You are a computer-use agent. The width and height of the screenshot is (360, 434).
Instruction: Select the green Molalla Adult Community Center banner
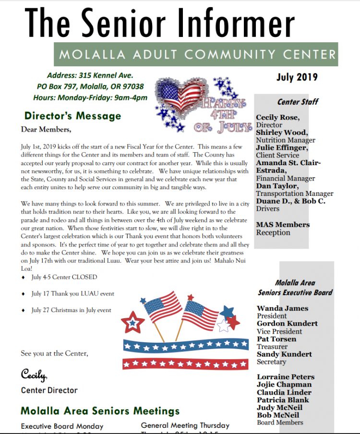coord(196,55)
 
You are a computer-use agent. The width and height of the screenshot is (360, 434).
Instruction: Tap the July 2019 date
coord(297,77)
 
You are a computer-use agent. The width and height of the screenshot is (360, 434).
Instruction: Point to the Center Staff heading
coord(298,102)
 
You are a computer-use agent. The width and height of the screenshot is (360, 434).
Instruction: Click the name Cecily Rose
coord(278,118)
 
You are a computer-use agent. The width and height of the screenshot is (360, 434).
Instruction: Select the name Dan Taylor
coord(276,186)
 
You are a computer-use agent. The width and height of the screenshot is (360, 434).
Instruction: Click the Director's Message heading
coord(73,116)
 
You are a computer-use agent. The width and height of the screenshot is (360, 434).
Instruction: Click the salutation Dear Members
coord(46,129)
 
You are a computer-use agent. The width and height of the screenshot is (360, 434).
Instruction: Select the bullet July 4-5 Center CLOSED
coord(64,277)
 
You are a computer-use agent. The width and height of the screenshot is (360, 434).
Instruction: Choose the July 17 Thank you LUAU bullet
coord(72,294)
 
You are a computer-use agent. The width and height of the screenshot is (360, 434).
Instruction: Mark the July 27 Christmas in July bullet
coord(71,310)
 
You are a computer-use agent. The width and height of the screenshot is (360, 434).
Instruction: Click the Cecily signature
coord(33,374)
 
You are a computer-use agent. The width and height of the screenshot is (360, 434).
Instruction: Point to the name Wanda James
coord(282,308)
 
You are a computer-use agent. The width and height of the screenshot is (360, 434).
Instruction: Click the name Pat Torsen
coord(276,339)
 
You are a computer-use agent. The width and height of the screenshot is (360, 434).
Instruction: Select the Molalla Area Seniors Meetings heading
coord(100,411)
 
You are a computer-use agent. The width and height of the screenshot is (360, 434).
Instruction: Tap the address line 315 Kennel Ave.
coord(90,75)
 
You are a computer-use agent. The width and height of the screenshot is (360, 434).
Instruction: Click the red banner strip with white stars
coord(185,363)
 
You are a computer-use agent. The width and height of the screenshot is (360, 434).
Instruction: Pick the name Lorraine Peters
coord(286,377)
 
